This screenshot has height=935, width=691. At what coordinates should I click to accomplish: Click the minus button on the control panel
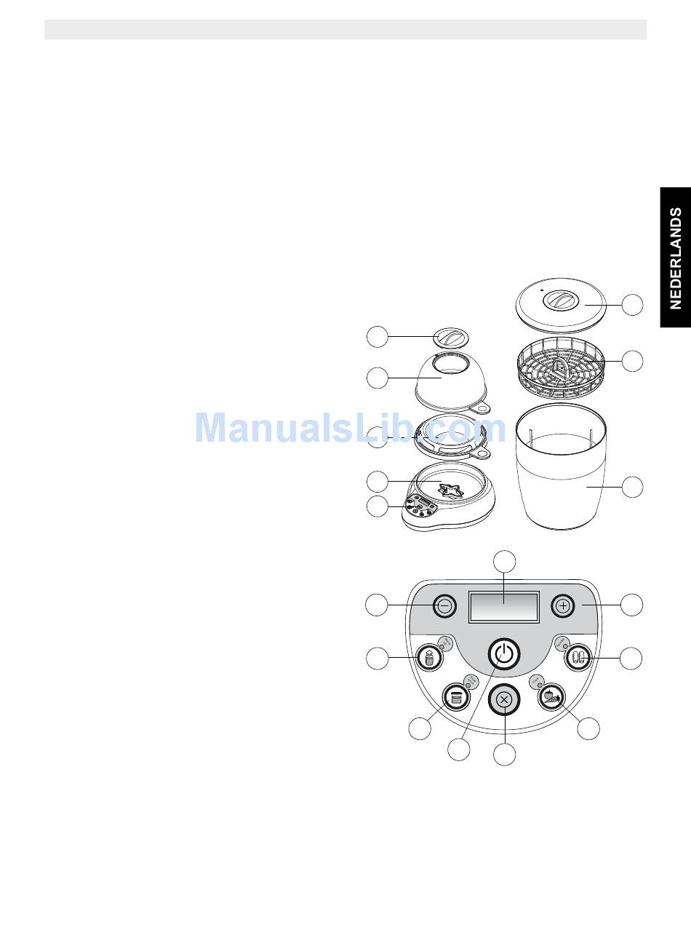tap(446, 605)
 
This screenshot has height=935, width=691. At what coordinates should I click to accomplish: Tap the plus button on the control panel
tap(562, 605)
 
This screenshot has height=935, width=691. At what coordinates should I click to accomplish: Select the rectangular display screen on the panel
tap(504, 606)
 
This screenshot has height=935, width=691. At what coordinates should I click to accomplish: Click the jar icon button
tap(456, 699)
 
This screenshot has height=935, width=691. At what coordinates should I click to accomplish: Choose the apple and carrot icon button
tap(552, 697)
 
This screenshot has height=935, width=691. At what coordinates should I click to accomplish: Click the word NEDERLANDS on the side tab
tap(676, 258)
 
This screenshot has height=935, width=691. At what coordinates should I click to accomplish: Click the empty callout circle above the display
tap(505, 562)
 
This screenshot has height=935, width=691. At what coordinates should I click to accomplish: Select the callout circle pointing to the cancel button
tap(505, 755)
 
